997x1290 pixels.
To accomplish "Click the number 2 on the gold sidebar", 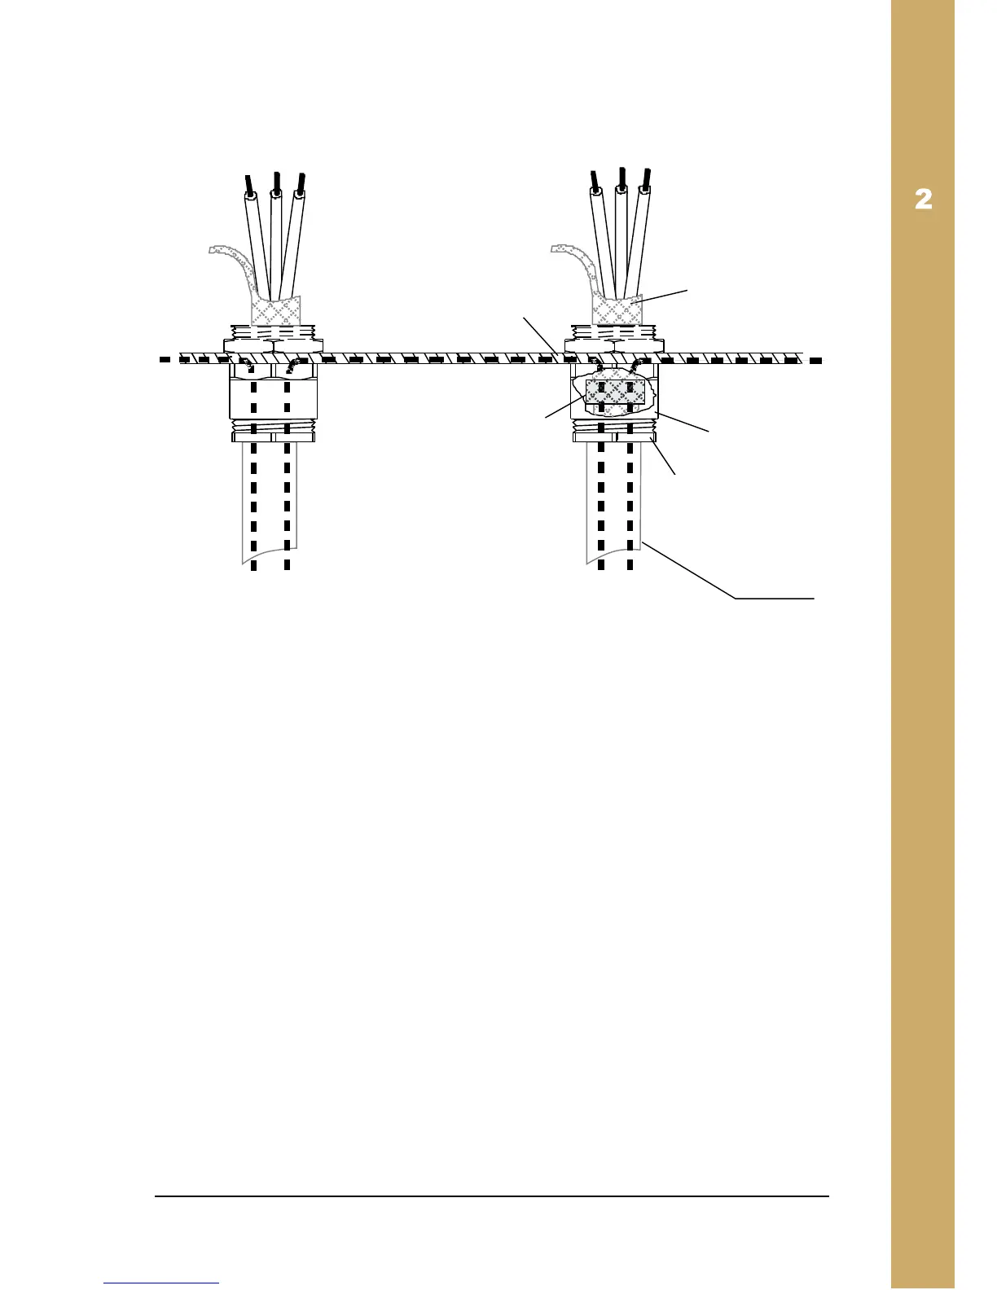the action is coord(923,200).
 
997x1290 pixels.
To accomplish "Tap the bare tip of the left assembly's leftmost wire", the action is coord(248,184).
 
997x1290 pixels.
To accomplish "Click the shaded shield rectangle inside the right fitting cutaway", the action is coord(616,393).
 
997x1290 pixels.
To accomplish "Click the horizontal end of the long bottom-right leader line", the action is coord(774,599).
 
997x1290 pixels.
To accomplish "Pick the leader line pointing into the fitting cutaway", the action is coord(564,408).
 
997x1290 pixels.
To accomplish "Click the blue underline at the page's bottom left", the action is coord(161,1283).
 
